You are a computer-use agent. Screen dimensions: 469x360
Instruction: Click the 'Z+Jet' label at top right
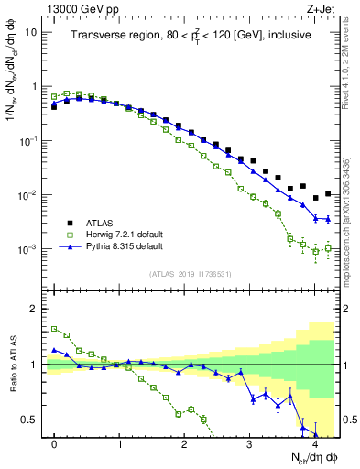(x=318, y=8)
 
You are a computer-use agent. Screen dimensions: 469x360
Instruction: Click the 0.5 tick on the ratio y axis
(x=32, y=420)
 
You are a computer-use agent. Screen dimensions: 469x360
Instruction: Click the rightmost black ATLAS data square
(x=328, y=193)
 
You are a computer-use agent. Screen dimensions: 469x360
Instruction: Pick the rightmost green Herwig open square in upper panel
(x=328, y=248)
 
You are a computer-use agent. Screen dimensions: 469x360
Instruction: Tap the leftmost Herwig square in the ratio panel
(x=54, y=328)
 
